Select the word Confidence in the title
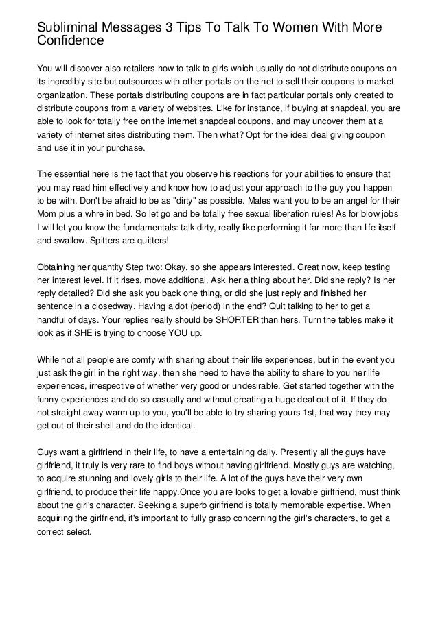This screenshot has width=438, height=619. (71, 41)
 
